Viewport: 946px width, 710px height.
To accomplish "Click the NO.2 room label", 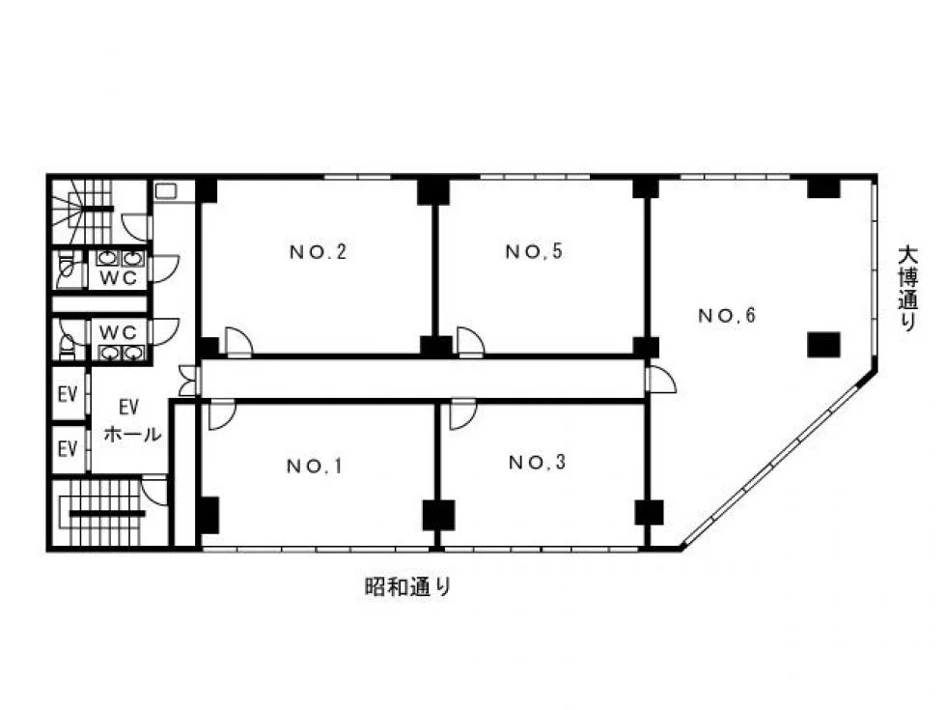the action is pyautogui.click(x=318, y=252).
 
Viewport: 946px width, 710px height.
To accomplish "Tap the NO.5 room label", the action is pyautogui.click(x=534, y=251).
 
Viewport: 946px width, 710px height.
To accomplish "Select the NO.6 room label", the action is pyautogui.click(x=727, y=315).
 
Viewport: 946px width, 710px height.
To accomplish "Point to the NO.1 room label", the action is pyautogui.click(x=315, y=466).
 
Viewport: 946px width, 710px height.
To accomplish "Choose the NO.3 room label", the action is pyautogui.click(x=538, y=463).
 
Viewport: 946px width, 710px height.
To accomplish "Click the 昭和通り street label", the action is pyautogui.click(x=408, y=586).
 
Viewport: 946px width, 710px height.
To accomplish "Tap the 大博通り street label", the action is pyautogui.click(x=907, y=287).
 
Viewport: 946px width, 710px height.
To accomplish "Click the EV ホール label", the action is pyautogui.click(x=132, y=420).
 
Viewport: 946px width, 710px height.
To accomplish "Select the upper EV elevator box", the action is pyautogui.click(x=69, y=394).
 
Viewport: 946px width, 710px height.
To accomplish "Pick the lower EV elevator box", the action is pyautogui.click(x=69, y=449).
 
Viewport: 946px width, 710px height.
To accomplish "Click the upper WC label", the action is pyautogui.click(x=118, y=278).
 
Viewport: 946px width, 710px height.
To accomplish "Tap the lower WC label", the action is pyautogui.click(x=118, y=332).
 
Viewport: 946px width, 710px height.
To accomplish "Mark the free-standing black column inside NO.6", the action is pyautogui.click(x=823, y=344).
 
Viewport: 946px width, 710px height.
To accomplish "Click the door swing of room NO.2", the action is pyautogui.click(x=239, y=342).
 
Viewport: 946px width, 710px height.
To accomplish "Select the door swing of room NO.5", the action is pyautogui.click(x=471, y=342).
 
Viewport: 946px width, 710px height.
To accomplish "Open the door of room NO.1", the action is pyautogui.click(x=222, y=414).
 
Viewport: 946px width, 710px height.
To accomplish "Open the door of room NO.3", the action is pyautogui.click(x=463, y=414).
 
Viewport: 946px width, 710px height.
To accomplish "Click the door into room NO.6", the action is pyautogui.click(x=660, y=379).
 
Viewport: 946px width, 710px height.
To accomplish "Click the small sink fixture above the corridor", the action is pyautogui.click(x=166, y=191).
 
